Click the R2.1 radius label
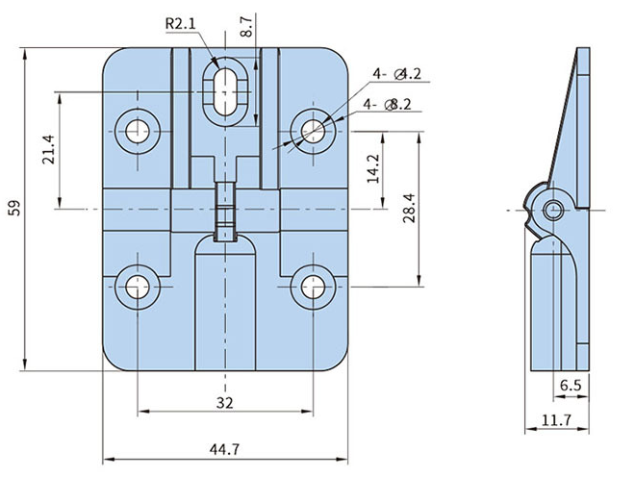pos(180,23)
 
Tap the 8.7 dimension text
pos(245,26)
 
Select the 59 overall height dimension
pos(14,208)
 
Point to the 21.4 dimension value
pos(48,149)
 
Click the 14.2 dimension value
pos(372,168)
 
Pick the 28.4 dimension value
pos(409,208)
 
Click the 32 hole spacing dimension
pos(225,403)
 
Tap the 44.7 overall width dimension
pos(224,449)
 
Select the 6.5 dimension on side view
pos(571,385)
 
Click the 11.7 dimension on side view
pos(556,420)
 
